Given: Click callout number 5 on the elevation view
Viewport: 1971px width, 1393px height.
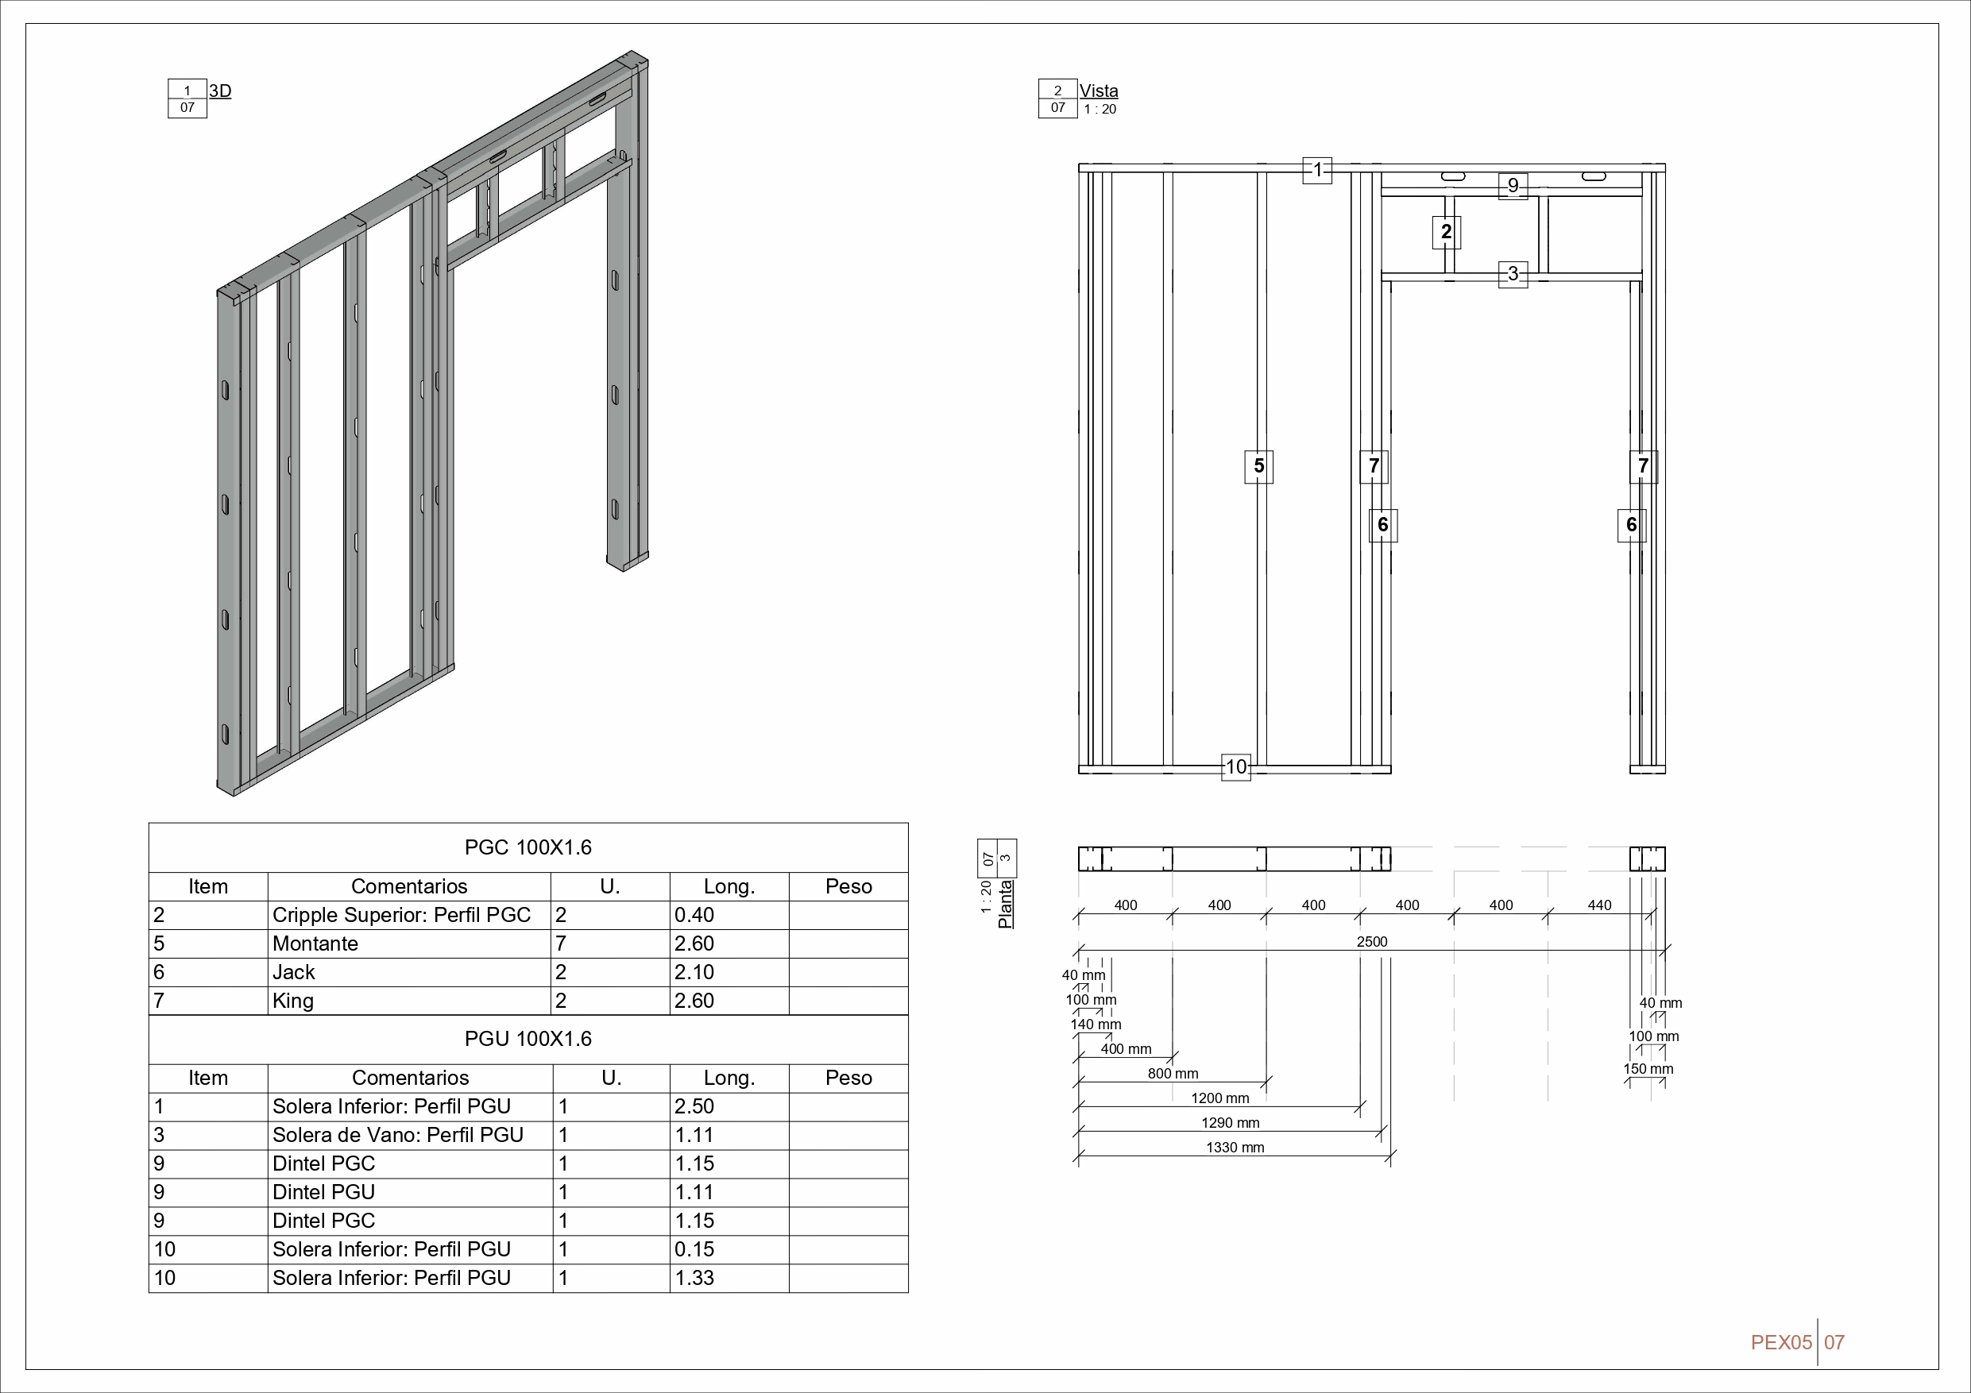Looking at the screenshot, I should (1258, 466).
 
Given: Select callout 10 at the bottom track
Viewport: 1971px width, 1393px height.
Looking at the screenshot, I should (1235, 766).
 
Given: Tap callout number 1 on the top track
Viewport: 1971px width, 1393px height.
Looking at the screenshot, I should (1317, 169).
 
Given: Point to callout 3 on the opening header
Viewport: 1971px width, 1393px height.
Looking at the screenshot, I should (1513, 274).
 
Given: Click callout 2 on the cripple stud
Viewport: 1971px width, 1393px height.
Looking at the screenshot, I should (1447, 232).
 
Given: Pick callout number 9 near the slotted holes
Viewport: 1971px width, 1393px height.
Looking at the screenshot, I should (1513, 185).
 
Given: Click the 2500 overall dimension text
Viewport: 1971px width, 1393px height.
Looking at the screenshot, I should (1371, 942).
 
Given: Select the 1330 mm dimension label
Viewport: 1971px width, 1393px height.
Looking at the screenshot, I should (1235, 1148).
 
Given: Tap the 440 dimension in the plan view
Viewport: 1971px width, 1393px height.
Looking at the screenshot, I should (1599, 905).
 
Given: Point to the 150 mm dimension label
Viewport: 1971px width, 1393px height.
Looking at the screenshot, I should (1648, 1068).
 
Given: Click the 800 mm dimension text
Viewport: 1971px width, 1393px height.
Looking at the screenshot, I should (1173, 1074).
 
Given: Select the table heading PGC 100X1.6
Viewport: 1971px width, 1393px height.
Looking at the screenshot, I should (528, 847).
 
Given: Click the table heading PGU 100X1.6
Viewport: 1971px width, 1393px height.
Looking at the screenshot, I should (528, 1039).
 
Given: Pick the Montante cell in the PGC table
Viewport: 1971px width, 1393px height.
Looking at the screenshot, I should (315, 943).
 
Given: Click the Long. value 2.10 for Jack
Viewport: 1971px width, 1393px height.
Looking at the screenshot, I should (694, 971).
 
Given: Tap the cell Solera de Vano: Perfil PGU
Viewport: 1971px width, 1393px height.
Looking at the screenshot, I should (397, 1135).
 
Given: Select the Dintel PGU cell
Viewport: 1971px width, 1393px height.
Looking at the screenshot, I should (323, 1192).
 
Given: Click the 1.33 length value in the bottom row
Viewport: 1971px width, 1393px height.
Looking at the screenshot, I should (694, 1277).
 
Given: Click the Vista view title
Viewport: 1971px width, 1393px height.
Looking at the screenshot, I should (1098, 91).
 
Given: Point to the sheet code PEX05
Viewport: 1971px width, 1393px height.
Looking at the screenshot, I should (1780, 1342).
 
